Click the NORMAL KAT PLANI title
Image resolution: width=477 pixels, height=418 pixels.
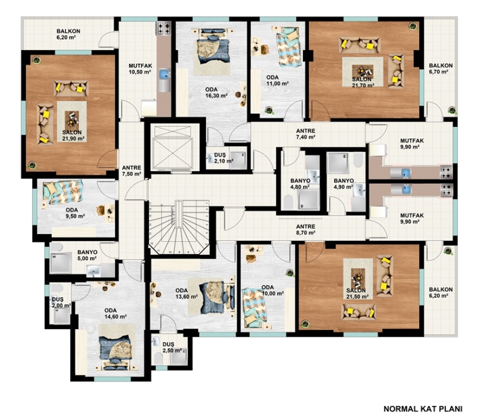coord(423,408)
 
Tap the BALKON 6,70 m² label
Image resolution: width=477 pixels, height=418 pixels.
coord(441,68)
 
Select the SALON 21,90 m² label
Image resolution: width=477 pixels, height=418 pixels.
coord(72,136)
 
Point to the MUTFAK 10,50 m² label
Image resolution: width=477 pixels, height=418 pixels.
coord(140,69)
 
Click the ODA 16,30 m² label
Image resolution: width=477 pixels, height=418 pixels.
coord(216,93)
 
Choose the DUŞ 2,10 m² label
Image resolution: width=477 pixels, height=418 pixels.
coord(224,158)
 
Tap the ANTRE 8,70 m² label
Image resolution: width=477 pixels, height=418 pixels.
coord(306,230)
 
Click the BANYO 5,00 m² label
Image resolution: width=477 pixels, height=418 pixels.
coord(87,255)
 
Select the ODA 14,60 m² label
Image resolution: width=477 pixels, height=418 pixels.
coord(115,313)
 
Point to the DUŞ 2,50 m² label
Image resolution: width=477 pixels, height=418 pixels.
coord(172,347)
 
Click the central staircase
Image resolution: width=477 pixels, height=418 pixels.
coord(178,227)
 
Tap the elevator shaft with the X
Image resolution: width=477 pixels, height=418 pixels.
coord(173,146)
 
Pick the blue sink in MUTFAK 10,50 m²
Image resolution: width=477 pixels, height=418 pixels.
coord(165,74)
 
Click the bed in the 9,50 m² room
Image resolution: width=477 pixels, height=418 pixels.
coord(63,192)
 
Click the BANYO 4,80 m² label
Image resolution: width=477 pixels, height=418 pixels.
coord(300,184)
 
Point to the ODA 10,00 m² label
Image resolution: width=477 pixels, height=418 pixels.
coord(272,291)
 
